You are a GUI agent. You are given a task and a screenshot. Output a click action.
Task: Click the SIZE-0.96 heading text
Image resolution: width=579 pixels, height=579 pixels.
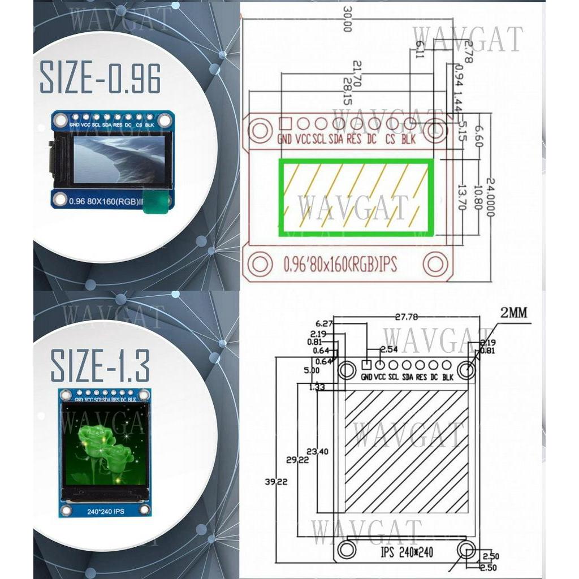100,79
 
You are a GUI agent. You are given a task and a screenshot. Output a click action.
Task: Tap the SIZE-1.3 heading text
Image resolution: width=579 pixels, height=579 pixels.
100,366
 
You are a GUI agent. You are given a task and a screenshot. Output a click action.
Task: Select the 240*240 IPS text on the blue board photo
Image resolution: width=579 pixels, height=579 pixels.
106,512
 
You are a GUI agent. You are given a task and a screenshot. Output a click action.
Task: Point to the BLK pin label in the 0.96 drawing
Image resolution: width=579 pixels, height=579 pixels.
409,139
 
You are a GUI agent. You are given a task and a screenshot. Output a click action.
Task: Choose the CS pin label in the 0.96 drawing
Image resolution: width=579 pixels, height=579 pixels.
390,139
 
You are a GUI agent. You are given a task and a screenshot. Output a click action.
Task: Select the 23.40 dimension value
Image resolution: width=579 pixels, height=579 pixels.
317,451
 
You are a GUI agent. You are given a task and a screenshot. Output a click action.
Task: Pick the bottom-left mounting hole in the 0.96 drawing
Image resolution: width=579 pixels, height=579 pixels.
261,263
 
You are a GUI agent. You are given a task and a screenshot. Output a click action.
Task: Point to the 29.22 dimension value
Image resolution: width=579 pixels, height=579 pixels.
297,460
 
